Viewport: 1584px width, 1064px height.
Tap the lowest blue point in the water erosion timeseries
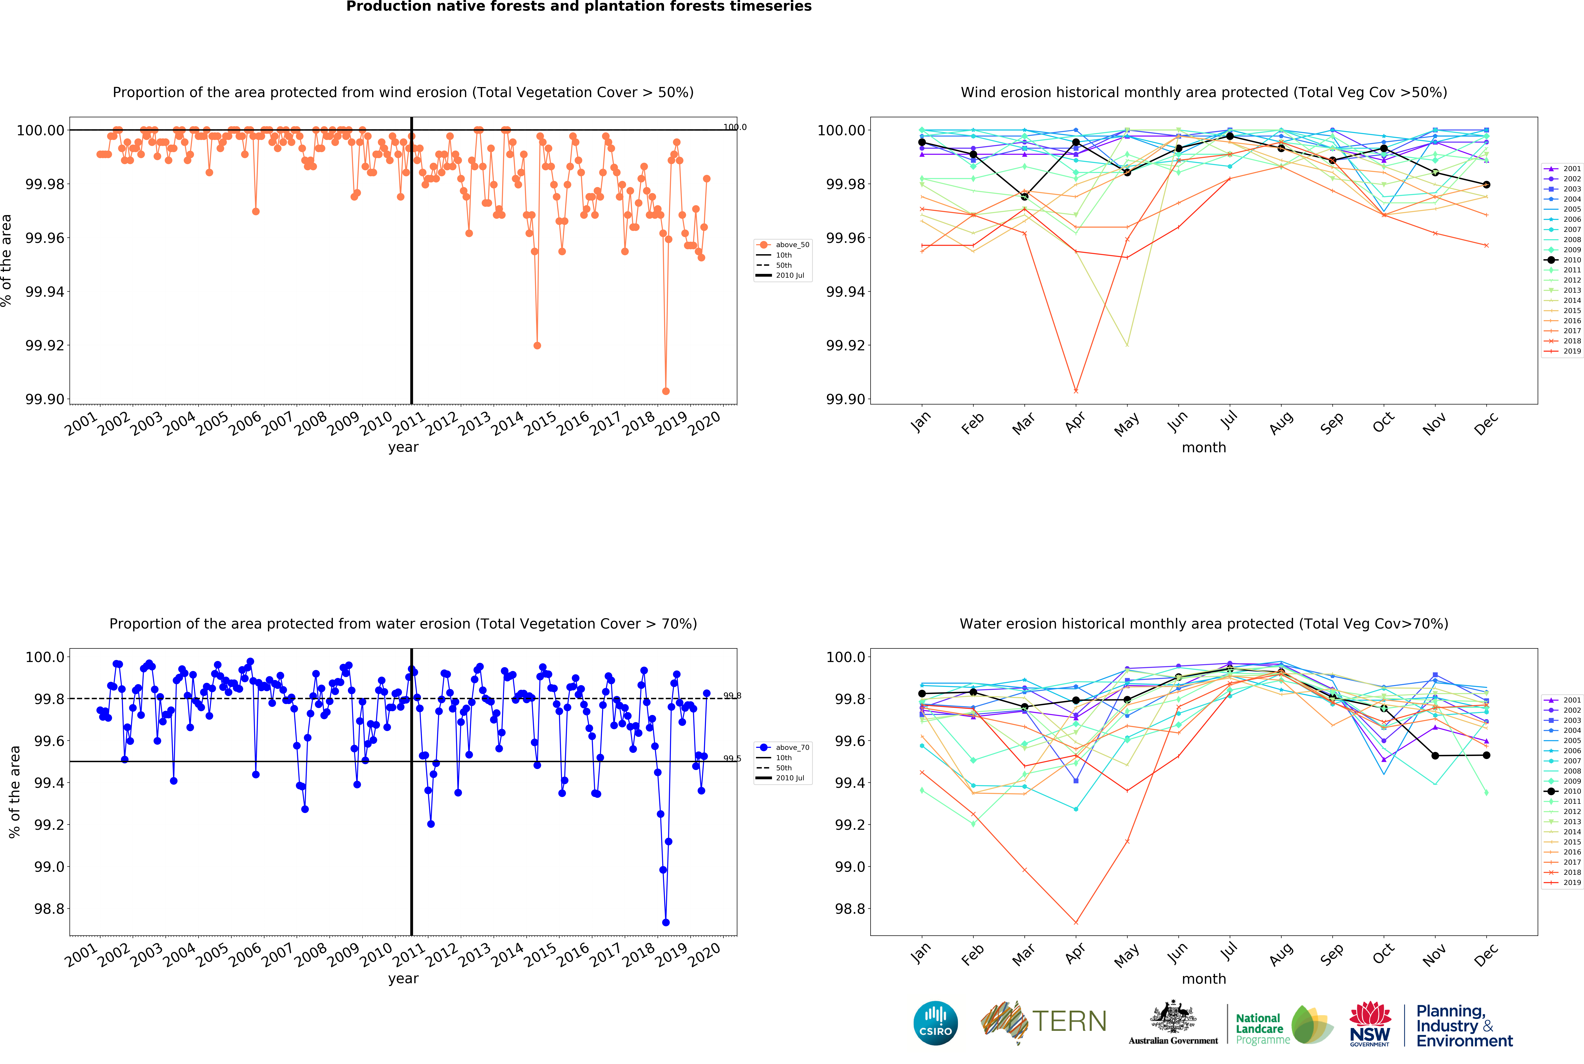666,922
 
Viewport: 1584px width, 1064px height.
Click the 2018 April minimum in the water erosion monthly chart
1076,922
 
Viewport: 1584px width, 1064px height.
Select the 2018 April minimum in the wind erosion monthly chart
1076,391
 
